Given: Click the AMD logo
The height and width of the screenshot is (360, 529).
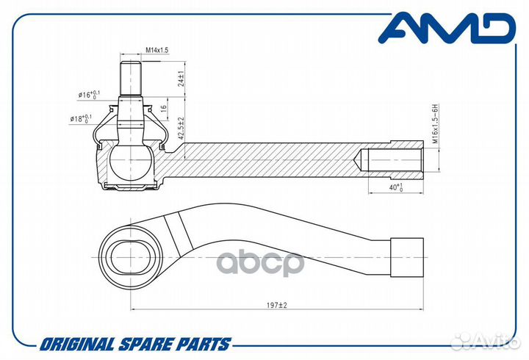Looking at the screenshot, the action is (447, 29).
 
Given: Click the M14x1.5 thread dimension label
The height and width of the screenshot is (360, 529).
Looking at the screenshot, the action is (157, 50).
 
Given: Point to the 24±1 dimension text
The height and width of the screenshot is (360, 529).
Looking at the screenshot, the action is (181, 79).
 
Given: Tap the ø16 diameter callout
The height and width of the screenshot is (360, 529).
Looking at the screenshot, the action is (89, 95).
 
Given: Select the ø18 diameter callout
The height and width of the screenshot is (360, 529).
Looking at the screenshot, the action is (81, 119).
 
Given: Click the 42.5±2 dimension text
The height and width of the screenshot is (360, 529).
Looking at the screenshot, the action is (181, 129).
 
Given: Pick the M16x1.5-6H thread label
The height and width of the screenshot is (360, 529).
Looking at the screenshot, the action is (435, 124).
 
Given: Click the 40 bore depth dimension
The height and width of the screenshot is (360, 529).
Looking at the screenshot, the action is (396, 187).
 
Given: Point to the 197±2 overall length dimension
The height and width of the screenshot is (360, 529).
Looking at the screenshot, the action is (277, 305).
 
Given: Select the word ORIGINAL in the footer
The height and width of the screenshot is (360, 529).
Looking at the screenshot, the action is (77, 344).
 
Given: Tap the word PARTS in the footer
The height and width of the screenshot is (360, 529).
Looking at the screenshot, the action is (206, 344).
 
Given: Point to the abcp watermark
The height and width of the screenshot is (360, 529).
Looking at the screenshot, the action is (260, 263).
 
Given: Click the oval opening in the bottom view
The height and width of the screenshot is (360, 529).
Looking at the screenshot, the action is (131, 257).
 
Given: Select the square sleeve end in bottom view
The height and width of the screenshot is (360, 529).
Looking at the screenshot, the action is (407, 257).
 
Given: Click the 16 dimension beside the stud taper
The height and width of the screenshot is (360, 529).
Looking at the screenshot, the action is (163, 108).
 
